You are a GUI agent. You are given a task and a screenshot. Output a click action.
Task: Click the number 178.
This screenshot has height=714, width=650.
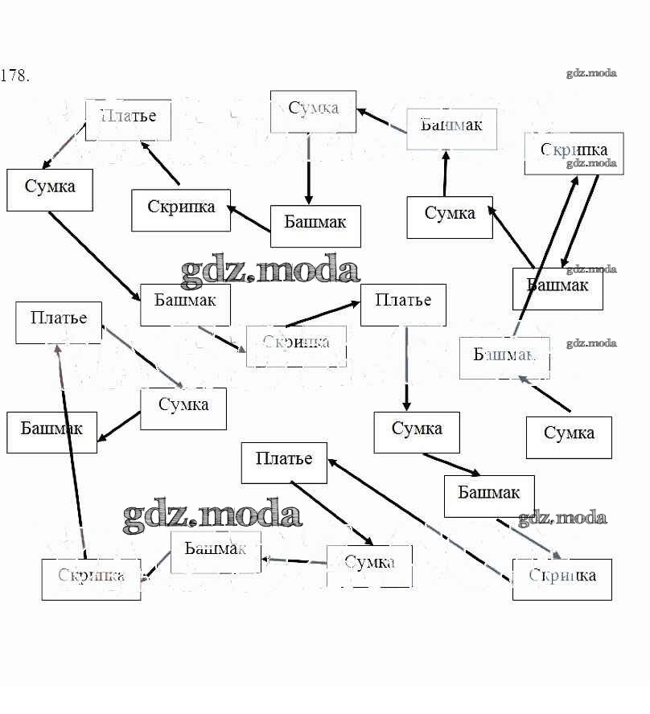[15, 76]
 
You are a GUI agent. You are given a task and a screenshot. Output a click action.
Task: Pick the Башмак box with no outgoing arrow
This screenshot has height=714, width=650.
[51, 432]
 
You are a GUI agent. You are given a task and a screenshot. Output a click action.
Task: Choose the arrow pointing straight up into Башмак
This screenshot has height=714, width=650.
[445, 173]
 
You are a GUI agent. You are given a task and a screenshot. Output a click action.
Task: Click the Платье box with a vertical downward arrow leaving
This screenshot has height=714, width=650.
[403, 304]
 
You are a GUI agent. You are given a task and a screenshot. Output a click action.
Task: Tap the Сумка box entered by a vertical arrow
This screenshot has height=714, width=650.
[417, 432]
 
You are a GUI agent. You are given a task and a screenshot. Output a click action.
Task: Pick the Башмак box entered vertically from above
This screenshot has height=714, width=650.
[315, 226]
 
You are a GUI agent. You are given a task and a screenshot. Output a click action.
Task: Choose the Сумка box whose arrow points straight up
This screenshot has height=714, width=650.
[450, 217]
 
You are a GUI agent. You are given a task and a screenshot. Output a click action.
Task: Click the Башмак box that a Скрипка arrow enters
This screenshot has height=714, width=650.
[557, 288]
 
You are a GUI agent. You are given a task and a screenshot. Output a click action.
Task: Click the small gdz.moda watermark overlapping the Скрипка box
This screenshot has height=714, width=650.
[591, 164]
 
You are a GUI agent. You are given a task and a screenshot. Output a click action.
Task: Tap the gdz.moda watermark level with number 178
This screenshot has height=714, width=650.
[591, 73]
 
